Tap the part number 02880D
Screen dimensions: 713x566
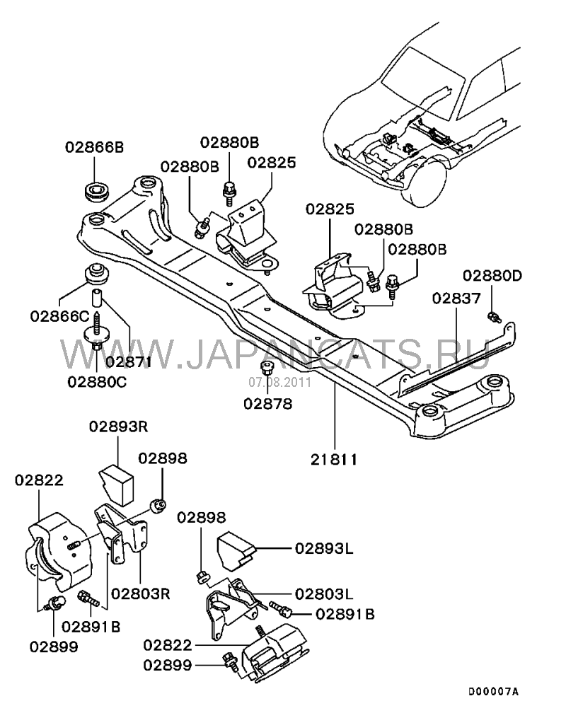pos(492,275)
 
